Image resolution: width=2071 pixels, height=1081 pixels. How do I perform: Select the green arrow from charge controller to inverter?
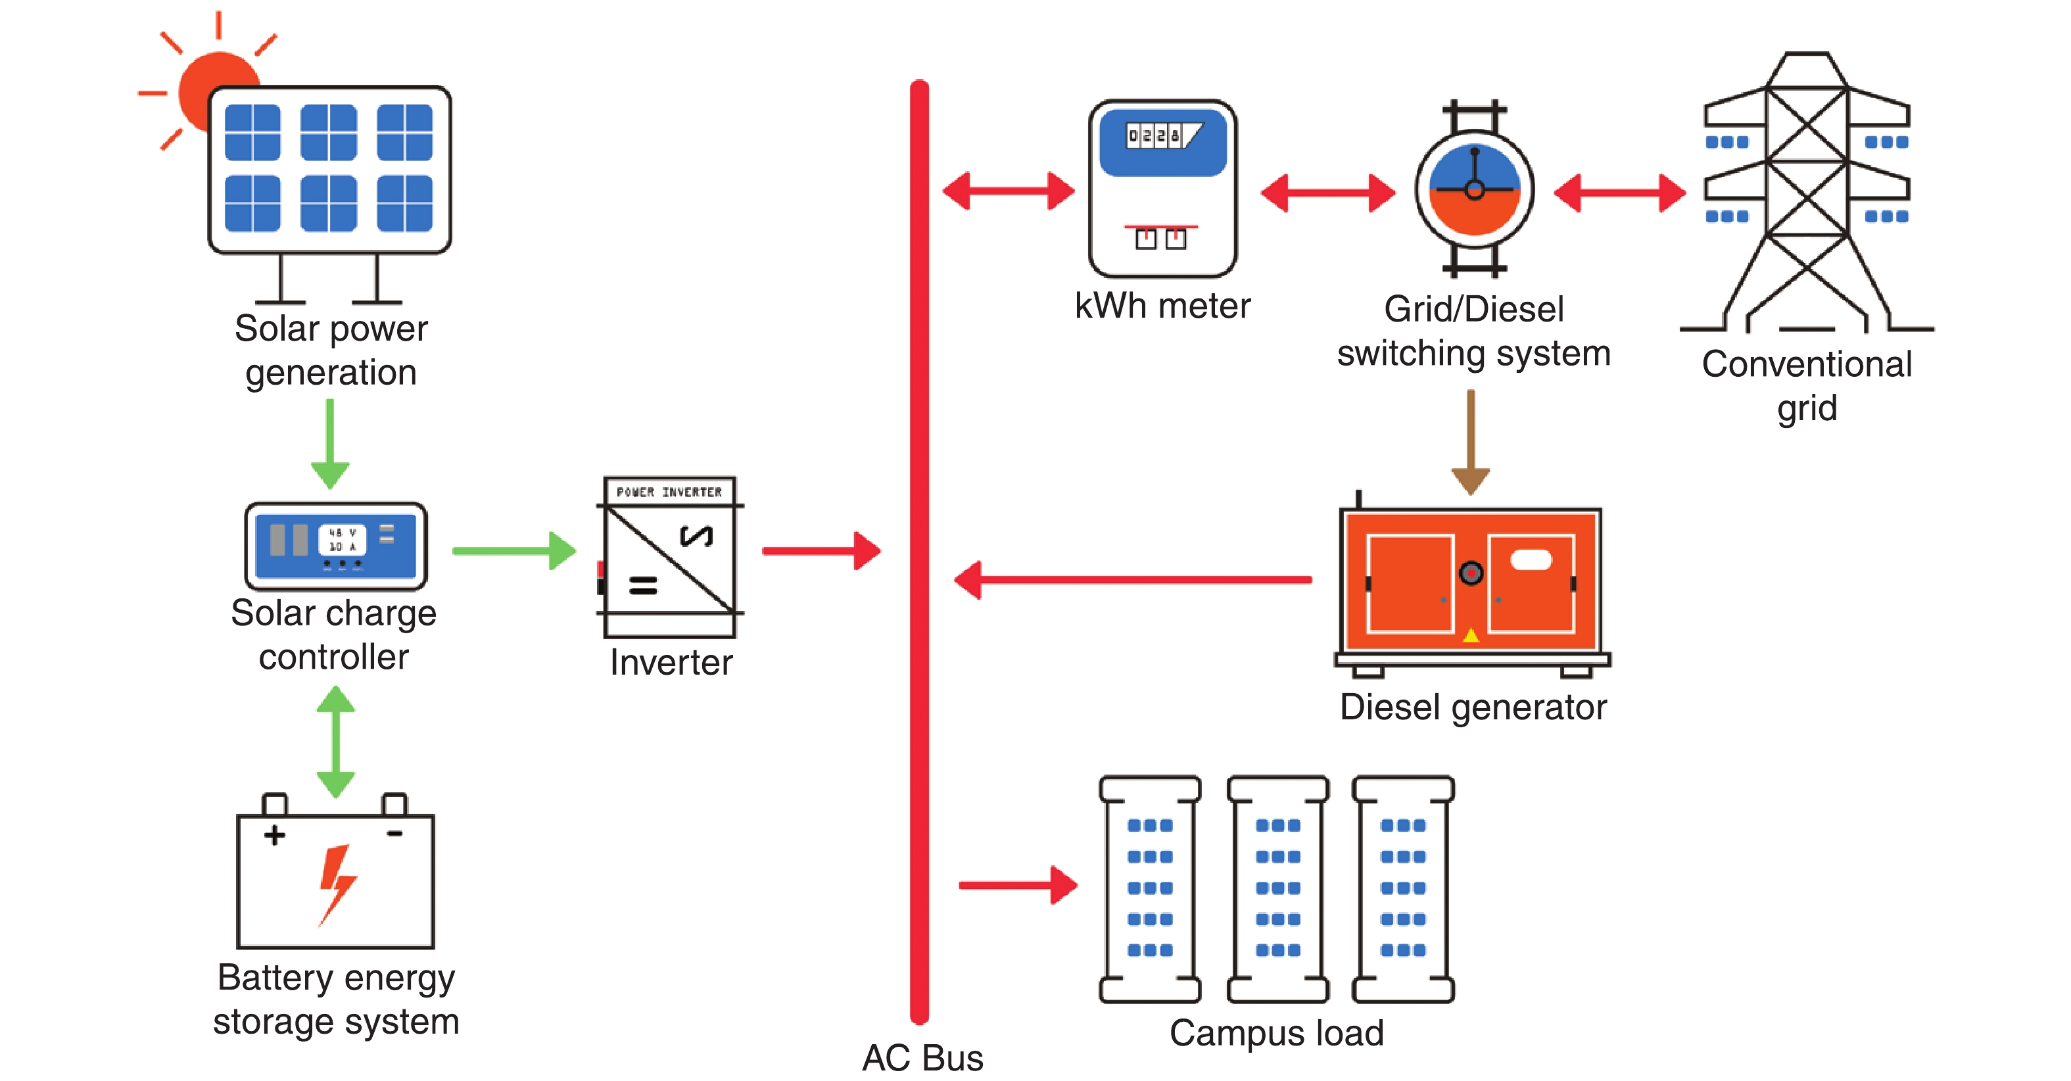(515, 551)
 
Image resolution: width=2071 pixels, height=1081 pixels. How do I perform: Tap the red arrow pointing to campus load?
(1018, 885)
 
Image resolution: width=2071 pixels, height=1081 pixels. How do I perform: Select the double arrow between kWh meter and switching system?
(1328, 192)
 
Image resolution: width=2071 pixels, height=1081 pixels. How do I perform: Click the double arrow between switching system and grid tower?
(1619, 192)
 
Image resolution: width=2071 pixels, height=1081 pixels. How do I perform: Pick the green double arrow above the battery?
(335, 741)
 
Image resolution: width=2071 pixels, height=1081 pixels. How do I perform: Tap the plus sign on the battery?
(274, 835)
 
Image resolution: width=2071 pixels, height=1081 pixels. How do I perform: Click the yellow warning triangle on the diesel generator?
(1471, 635)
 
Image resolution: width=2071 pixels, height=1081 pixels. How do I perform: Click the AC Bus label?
(922, 1058)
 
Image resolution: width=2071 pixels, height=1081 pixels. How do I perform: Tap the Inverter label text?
(671, 663)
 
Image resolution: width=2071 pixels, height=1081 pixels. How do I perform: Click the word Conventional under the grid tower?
(1807, 364)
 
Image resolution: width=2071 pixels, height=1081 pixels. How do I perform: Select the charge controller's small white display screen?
(342, 540)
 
